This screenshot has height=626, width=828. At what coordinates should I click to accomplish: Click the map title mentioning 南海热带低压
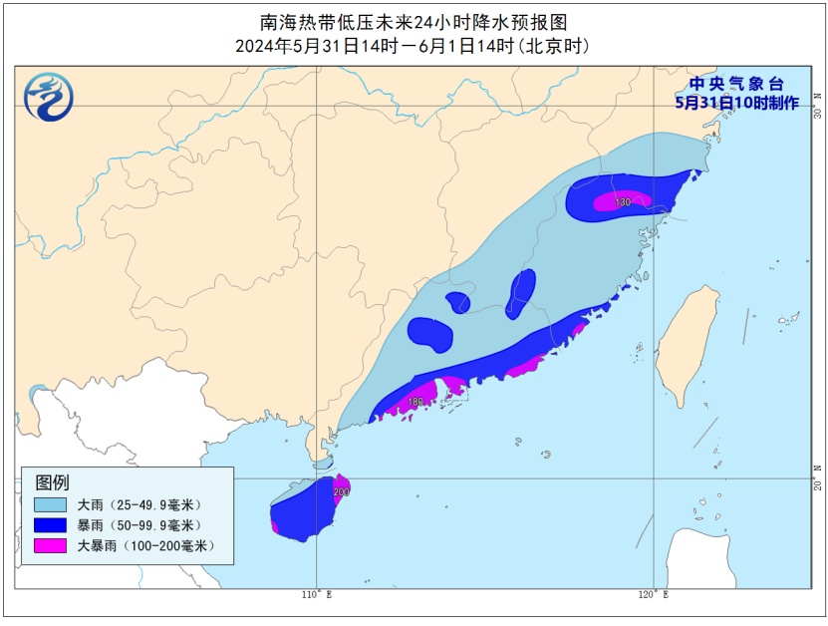(x=414, y=23)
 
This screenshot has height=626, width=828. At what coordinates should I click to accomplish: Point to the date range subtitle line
(x=414, y=46)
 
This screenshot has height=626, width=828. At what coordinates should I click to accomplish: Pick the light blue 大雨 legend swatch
(x=49, y=504)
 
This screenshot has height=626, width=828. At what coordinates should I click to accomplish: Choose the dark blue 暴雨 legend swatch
(x=49, y=525)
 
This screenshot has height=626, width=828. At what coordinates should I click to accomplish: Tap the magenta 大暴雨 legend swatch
(x=49, y=545)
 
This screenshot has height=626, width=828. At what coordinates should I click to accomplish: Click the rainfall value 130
(x=623, y=202)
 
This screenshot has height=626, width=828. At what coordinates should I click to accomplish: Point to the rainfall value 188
(x=415, y=402)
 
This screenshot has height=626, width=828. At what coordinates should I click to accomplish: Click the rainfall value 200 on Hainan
(x=342, y=491)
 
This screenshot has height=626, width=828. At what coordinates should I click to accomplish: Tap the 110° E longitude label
(x=316, y=595)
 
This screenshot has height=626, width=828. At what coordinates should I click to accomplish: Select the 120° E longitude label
(x=653, y=595)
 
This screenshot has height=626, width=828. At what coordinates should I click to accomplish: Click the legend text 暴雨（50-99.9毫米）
(x=138, y=525)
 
